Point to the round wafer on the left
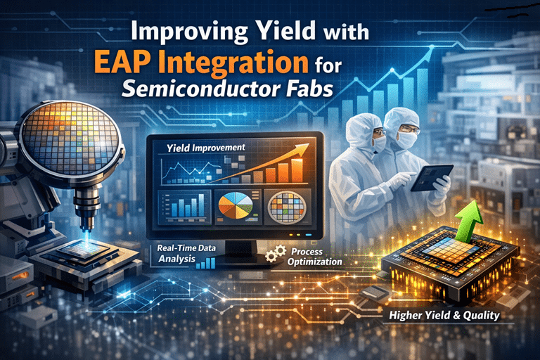pos(68,138)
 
